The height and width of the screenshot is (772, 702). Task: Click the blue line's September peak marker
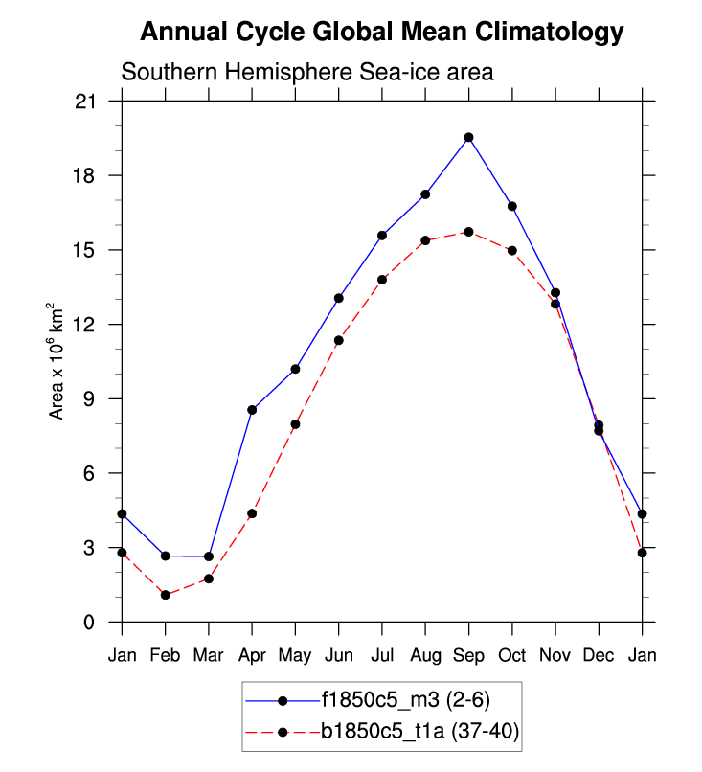pos(468,137)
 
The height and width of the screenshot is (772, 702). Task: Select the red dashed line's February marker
pos(166,595)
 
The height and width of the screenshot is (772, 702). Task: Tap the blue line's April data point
pos(252,410)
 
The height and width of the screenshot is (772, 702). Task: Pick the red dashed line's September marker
pos(468,232)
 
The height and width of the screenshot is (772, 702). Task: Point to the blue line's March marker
pos(209,556)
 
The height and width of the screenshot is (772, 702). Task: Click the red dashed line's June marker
pos(338,340)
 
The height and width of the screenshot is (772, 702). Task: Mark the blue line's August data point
pos(425,194)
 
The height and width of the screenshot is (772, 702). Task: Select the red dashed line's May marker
pos(295,424)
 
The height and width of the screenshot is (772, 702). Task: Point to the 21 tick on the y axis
pos(96,102)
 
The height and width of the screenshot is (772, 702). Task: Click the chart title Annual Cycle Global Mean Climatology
pos(382,32)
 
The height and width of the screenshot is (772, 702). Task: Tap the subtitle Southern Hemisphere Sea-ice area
pos(306,73)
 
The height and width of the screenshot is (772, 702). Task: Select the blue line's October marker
pos(512,206)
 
